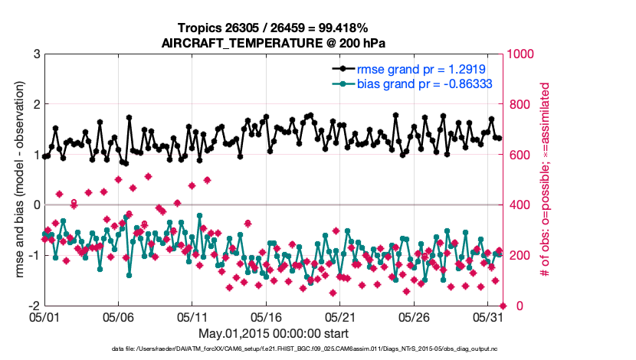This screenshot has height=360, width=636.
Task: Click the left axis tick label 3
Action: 36,54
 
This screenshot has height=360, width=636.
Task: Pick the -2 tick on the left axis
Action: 34,306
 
